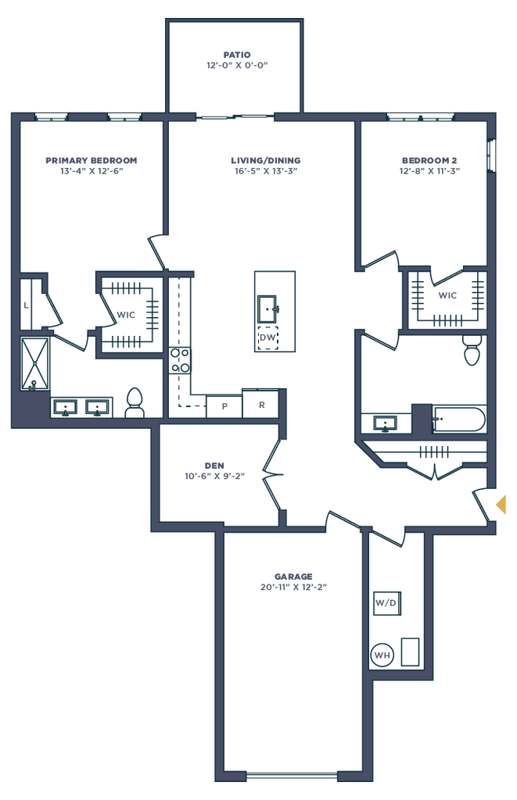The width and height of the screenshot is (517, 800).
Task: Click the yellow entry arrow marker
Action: (x=501, y=504)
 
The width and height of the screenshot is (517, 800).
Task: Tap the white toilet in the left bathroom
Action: (x=135, y=402)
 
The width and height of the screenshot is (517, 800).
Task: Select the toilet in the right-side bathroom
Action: (x=472, y=350)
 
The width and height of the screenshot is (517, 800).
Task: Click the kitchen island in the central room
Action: (x=274, y=311)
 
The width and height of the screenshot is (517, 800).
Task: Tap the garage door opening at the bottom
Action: (x=292, y=777)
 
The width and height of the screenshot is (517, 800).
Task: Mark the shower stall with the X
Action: (x=34, y=361)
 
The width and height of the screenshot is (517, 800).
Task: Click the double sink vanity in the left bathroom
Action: (x=82, y=406)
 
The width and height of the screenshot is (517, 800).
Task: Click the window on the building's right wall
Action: (x=490, y=155)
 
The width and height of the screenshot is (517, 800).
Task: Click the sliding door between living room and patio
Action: (x=235, y=116)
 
